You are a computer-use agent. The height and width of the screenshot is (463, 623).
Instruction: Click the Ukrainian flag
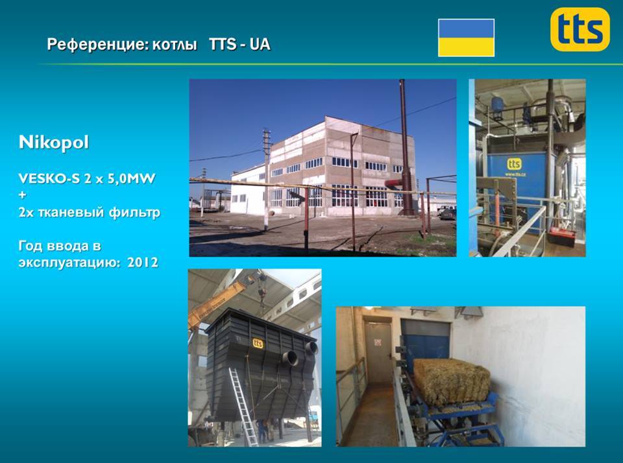pyautogui.click(x=466, y=38)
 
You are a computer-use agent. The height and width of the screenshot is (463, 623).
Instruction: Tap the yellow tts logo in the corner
pyautogui.click(x=580, y=29)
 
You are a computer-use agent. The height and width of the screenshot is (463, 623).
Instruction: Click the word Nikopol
pyautogui.click(x=54, y=142)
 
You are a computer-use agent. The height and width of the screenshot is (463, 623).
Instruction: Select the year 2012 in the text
pyautogui.click(x=143, y=263)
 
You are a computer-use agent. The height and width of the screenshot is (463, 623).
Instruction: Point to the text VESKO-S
pyautogui.click(x=49, y=178)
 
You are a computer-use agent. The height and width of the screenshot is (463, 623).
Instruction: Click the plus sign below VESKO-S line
pyautogui.click(x=22, y=195)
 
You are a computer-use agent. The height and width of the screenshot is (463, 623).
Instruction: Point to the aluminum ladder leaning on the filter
pyautogui.click(x=243, y=406)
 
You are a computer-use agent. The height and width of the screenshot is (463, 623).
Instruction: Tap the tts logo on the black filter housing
pyautogui.click(x=258, y=343)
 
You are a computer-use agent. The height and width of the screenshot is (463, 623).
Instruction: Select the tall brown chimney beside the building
pyautogui.click(x=405, y=147)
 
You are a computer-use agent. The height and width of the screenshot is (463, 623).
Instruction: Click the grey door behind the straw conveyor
pyautogui.click(x=378, y=353)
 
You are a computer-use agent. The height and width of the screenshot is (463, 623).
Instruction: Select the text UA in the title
pyautogui.click(x=260, y=44)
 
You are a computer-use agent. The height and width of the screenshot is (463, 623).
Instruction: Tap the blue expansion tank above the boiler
pyautogui.click(x=498, y=104)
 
